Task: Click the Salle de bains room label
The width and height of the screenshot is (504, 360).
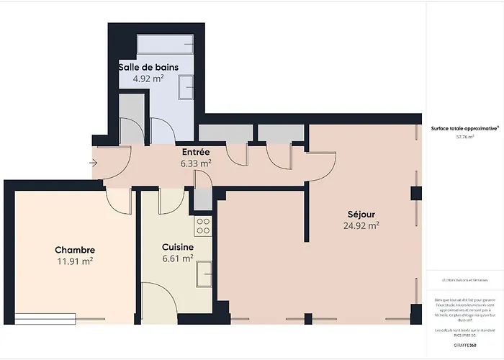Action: click(148, 68)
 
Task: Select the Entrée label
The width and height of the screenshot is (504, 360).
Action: click(195, 152)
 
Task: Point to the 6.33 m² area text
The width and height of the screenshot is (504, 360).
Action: click(195, 163)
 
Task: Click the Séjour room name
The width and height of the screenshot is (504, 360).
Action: click(361, 214)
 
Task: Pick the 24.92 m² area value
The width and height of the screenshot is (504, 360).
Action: click(361, 225)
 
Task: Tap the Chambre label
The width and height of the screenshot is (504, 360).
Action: click(75, 250)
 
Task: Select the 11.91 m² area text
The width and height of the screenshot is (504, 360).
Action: click(75, 261)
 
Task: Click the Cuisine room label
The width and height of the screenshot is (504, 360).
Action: click(177, 246)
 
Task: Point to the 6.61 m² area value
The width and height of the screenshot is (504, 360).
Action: click(177, 258)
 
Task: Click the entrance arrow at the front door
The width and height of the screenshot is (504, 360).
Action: click(94, 163)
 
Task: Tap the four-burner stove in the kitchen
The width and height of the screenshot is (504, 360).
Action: click(203, 226)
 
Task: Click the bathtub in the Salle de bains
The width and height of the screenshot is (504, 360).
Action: click(166, 45)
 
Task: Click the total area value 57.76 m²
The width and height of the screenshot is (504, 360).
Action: click(464, 135)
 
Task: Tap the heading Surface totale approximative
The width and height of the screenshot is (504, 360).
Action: click(464, 127)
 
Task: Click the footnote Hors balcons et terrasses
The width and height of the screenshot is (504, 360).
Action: click(464, 280)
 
